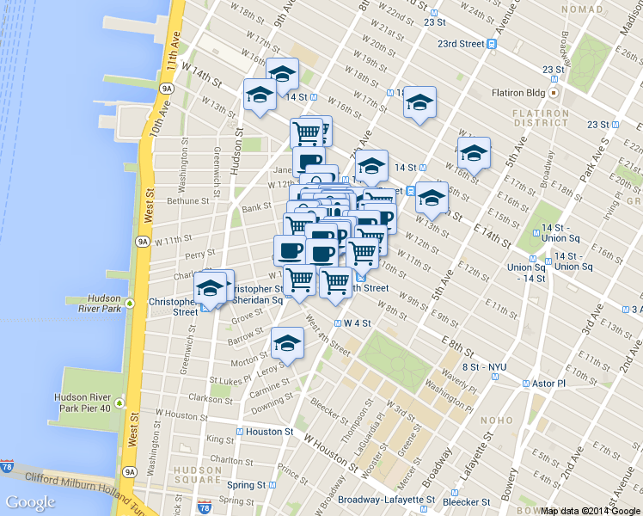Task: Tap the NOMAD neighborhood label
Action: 582,9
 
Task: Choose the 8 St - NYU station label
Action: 484,367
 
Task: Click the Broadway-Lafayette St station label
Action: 386,500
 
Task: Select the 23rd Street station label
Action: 460,43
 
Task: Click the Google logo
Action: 31,502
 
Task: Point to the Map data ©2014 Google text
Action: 591,510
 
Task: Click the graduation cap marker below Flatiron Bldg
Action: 474,154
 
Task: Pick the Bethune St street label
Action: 188,200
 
